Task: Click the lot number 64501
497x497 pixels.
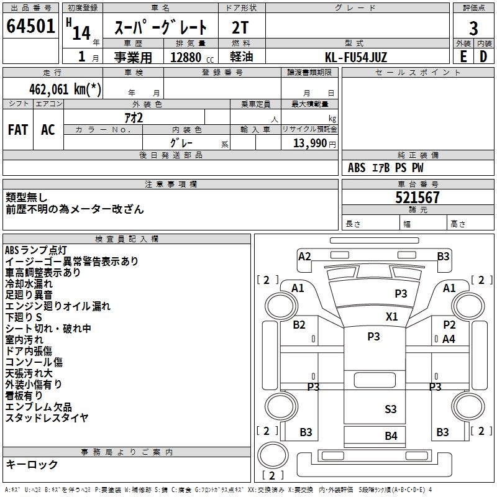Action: (30, 27)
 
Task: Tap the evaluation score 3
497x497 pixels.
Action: (473, 29)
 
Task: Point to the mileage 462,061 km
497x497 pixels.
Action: (65, 89)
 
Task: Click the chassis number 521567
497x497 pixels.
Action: (417, 198)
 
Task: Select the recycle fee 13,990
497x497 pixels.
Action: (311, 144)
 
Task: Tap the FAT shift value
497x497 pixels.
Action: (18, 130)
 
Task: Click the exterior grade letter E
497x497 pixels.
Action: (463, 57)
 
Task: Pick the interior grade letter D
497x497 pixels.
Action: (483, 57)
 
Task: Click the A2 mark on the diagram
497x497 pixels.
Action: (304, 256)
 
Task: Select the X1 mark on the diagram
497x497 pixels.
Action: (391, 316)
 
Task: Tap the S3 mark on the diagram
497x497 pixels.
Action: (390, 409)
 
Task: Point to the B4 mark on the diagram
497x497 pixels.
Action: (390, 435)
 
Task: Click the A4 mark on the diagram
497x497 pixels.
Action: (449, 339)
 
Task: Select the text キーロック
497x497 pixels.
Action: (32, 465)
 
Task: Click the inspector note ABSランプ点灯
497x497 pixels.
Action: (36, 250)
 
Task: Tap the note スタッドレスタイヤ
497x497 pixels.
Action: (47, 417)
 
